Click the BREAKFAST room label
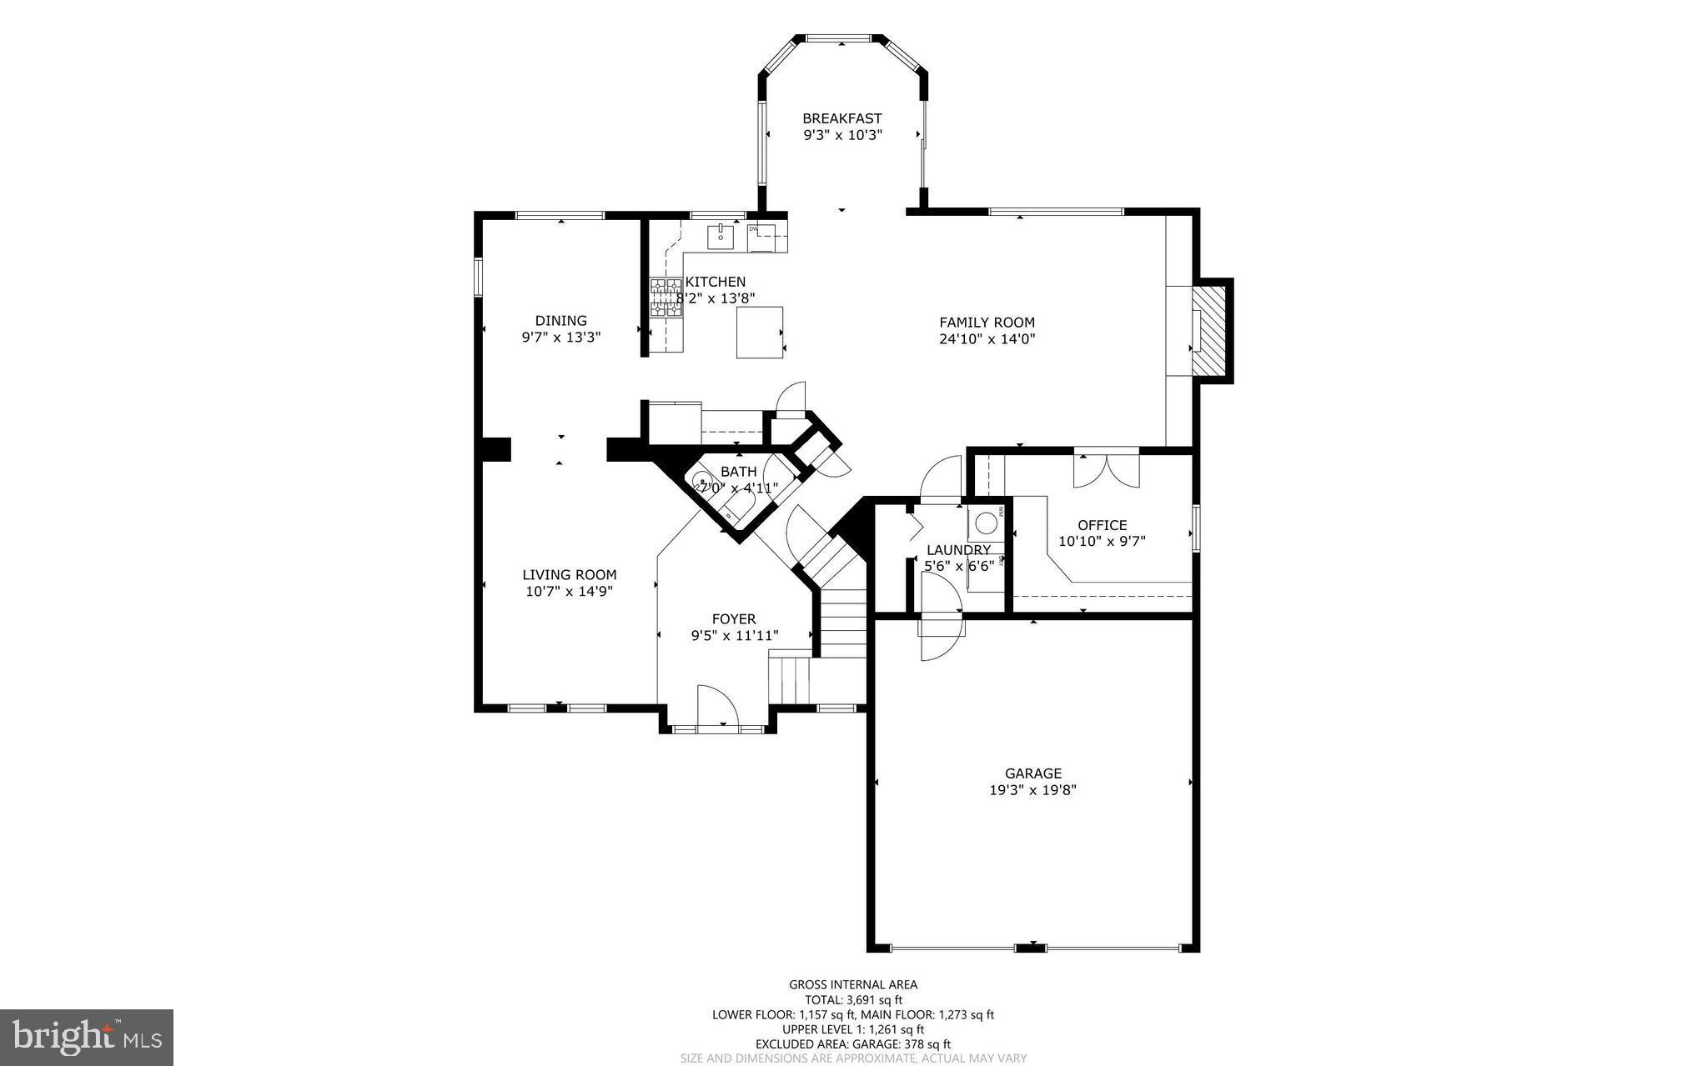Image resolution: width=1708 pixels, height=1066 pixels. click(x=841, y=118)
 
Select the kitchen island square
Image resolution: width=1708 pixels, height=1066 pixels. click(x=760, y=332)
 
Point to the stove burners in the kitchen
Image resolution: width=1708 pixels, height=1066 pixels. click(x=666, y=298)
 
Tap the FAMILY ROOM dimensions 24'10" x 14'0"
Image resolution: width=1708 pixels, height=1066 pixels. click(x=987, y=339)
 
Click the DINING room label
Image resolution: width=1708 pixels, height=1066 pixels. click(x=560, y=321)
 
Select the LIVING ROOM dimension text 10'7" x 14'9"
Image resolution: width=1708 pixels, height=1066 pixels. click(x=570, y=592)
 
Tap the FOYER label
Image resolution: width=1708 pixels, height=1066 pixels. click(x=734, y=619)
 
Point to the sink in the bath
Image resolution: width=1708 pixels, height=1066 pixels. click(x=703, y=481)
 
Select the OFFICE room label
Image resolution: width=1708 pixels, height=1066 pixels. click(x=1102, y=525)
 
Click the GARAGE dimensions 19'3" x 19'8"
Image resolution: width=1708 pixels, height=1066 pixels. click(x=1032, y=790)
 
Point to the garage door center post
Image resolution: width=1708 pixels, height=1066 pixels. click(x=1032, y=948)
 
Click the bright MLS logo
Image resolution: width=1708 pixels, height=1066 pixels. click(x=87, y=1037)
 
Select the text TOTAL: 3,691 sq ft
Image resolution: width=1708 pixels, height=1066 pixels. click(x=853, y=1000)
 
